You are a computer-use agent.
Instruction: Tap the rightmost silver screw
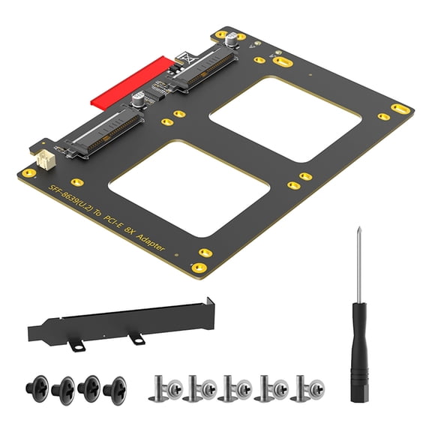pos(307,388)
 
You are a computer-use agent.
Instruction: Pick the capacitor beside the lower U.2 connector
pos(139,100)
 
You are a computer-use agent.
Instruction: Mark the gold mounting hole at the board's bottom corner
pos(199,268)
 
